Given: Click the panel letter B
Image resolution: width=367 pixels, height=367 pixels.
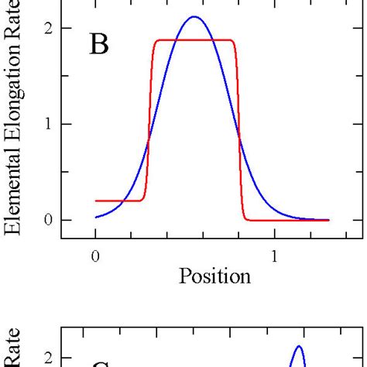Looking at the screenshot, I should [x=99, y=46].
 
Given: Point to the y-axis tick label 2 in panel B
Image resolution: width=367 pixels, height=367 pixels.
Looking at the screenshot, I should [x=48, y=29].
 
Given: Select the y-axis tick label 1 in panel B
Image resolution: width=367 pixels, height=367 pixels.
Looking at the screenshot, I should [x=48, y=124].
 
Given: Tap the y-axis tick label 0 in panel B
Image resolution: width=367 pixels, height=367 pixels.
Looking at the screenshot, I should [x=48, y=220].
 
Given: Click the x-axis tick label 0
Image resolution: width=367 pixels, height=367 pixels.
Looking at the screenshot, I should [x=95, y=256].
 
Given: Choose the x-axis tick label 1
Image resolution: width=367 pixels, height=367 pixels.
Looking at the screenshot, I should [x=274, y=256].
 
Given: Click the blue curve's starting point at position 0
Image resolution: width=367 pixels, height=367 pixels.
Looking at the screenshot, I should [x=96, y=218].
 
